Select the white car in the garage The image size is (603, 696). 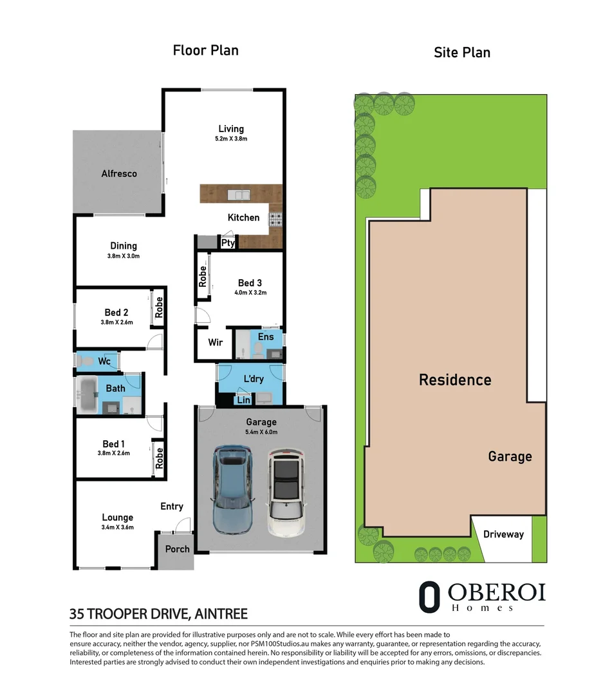[286, 493]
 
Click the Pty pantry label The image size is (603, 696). [228, 243]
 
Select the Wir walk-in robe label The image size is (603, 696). [215, 342]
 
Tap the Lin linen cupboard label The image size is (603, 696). [243, 400]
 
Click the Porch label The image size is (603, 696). [177, 549]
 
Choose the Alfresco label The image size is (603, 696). [119, 173]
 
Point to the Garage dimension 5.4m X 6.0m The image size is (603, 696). [261, 432]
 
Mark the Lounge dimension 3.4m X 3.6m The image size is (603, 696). [117, 527]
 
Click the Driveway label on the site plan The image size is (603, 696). [503, 534]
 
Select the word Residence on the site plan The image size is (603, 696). [455, 380]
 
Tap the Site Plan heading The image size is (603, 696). [461, 52]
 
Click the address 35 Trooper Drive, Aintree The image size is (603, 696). [158, 614]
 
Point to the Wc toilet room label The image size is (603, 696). [104, 362]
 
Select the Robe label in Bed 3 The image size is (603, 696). [203, 276]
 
